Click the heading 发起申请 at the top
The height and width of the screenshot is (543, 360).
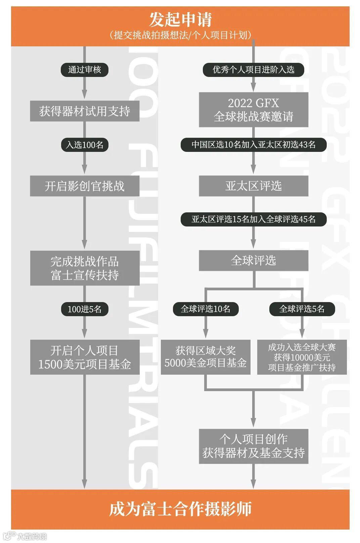[x=180, y=20]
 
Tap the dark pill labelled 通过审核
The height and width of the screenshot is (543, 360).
[x=84, y=70]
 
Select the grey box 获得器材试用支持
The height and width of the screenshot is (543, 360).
[x=85, y=111]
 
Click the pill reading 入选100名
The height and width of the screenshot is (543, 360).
[x=84, y=145]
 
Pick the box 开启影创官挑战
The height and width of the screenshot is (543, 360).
[x=85, y=186]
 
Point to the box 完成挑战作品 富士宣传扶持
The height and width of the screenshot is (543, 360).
[x=85, y=268]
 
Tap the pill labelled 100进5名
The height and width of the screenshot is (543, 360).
[x=84, y=309]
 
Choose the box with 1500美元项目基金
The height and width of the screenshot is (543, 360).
[x=85, y=357]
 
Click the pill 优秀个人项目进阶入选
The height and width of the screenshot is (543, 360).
[x=253, y=70]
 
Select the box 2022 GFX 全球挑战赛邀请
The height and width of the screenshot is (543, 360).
[x=253, y=110]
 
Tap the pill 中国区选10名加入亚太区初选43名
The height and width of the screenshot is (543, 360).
[x=253, y=145]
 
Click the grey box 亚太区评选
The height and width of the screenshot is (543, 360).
[x=253, y=186]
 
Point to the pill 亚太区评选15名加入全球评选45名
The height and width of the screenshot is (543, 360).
[x=253, y=219]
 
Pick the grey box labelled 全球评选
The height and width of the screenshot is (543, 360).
[x=253, y=261]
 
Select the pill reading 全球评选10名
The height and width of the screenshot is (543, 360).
[x=206, y=309]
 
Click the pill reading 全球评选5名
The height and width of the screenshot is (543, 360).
[x=302, y=309]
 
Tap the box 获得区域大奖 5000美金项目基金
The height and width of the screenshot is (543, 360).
[x=206, y=357]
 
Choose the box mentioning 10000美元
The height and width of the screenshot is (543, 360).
[x=302, y=357]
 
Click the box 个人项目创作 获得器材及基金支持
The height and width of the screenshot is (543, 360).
[x=253, y=446]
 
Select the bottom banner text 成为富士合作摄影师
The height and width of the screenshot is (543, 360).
[x=180, y=509]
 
